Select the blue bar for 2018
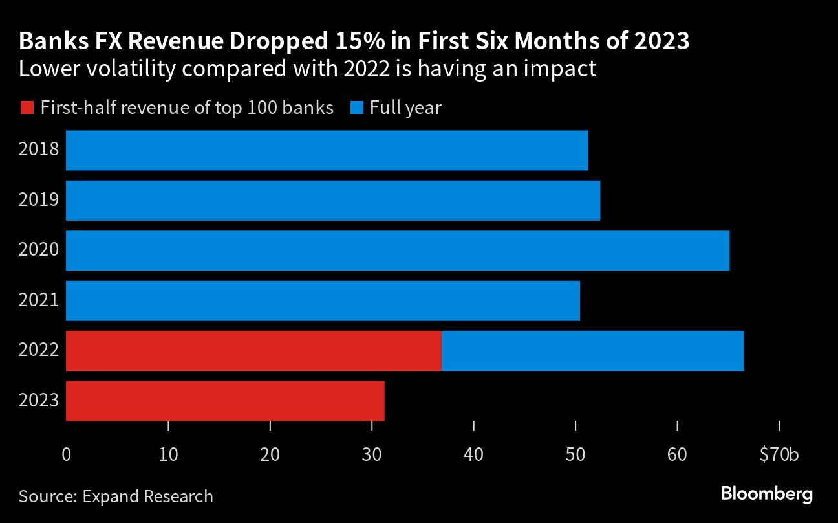(x=327, y=150)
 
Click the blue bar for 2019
(x=333, y=201)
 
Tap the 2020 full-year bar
(x=398, y=250)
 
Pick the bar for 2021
(x=323, y=300)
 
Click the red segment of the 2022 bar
(x=253, y=351)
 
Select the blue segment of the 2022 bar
(x=592, y=351)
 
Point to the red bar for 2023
(x=225, y=401)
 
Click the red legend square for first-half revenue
(x=27, y=107)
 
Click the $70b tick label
(x=779, y=455)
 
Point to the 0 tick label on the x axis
(x=66, y=455)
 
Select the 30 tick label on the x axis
(x=372, y=455)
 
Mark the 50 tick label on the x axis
(x=575, y=455)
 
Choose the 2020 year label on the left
(x=39, y=250)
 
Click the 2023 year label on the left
(x=39, y=401)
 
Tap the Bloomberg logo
(x=767, y=495)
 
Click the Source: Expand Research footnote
(x=116, y=496)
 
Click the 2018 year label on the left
(x=39, y=150)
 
